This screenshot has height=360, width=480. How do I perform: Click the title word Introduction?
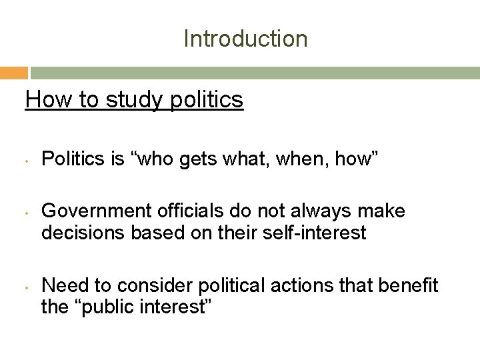(245, 39)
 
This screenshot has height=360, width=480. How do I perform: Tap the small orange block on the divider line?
(14, 73)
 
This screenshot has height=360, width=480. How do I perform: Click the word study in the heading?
(122, 101)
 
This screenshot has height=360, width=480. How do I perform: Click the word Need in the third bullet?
(62, 286)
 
